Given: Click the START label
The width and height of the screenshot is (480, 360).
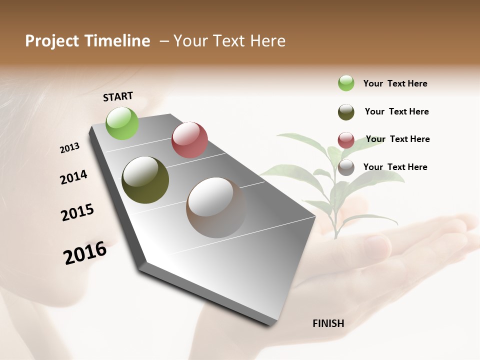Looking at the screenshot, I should (118, 96).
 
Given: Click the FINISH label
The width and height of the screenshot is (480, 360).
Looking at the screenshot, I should (328, 323).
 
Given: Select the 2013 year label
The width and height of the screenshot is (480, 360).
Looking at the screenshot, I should (69, 148).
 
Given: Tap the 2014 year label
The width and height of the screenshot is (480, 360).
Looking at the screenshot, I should (73, 177).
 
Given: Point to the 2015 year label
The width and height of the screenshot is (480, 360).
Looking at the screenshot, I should (77, 212).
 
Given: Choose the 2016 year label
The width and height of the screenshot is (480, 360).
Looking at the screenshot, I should (85, 253).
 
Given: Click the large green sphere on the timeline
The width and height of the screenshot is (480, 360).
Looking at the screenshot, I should (122, 123).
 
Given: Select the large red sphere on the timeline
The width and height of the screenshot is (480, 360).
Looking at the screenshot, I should (189, 140).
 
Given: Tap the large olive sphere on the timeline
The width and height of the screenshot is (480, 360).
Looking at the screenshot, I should (145, 180).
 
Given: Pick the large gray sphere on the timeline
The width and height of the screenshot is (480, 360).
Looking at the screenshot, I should (216, 207).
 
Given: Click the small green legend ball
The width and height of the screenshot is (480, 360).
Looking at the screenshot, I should (346, 83).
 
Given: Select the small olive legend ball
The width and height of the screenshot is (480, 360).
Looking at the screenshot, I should (346, 112).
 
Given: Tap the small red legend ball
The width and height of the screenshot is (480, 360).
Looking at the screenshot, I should (346, 140).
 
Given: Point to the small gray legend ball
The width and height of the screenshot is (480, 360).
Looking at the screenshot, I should (346, 167).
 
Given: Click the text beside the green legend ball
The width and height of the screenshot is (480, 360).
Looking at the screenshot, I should (395, 83).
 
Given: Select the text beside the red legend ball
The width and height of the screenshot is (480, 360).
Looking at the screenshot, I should (397, 139).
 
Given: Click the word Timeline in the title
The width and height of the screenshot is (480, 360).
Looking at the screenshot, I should (118, 41).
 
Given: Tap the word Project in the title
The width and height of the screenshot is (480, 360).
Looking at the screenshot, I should (52, 41).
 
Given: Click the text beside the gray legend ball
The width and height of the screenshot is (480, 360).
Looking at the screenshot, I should (395, 167).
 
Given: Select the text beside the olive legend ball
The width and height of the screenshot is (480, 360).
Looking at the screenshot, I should (396, 111).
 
